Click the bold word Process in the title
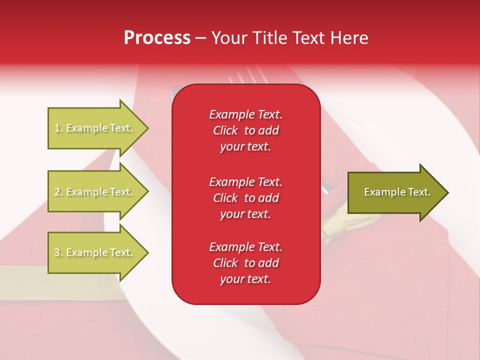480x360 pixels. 157,38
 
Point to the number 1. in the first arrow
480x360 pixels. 58,128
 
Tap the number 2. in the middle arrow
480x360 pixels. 58,192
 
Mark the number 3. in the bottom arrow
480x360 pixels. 58,252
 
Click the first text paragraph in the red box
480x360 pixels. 245,130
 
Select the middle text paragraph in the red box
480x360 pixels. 245,198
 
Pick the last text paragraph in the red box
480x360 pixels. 245,263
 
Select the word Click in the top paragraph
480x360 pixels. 225,131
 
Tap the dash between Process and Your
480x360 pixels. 200,38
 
